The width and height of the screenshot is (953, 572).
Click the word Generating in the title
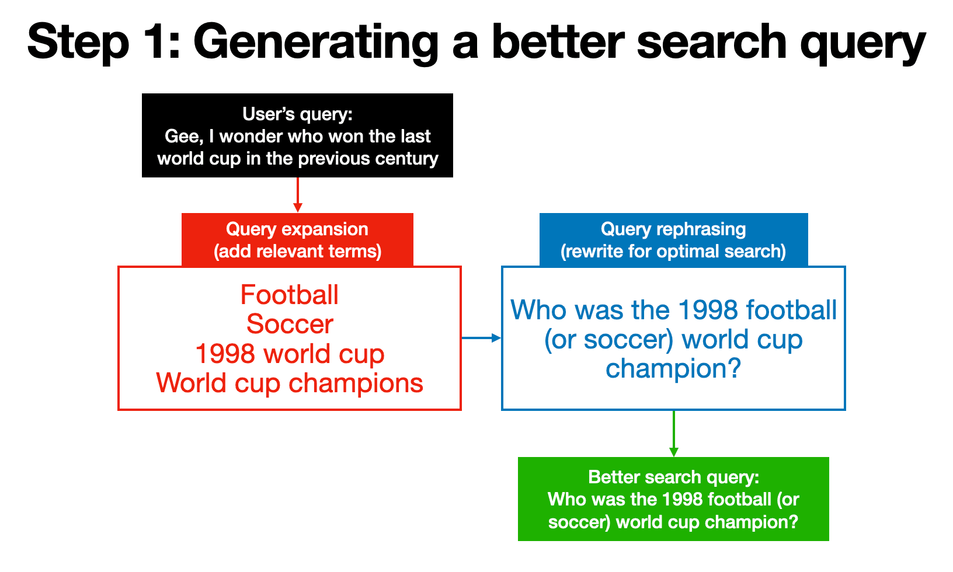pyautogui.click(x=315, y=42)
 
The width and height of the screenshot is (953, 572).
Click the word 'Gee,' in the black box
pyautogui.click(x=183, y=136)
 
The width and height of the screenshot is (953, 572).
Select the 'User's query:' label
pyautogui.click(x=297, y=114)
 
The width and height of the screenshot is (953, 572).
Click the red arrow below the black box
pyautogui.click(x=298, y=196)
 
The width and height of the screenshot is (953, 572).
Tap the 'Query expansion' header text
pyautogui.click(x=297, y=229)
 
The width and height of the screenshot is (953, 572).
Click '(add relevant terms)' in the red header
pyautogui.click(x=297, y=251)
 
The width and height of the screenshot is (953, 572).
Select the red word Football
pyautogui.click(x=290, y=295)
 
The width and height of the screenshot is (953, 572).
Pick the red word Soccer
pyautogui.click(x=290, y=324)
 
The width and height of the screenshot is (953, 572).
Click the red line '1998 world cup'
pyautogui.click(x=290, y=354)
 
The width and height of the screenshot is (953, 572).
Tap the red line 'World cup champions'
pyautogui.click(x=290, y=383)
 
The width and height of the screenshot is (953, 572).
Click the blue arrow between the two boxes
pyautogui.click(x=481, y=337)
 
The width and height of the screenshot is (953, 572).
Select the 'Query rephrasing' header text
pyautogui.click(x=673, y=229)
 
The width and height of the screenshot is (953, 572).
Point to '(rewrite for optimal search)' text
pyautogui.click(x=673, y=251)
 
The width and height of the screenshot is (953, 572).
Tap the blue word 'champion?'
pyautogui.click(x=673, y=368)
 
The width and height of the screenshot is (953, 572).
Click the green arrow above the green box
pyautogui.click(x=673, y=434)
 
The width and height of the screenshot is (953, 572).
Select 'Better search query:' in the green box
pyautogui.click(x=673, y=477)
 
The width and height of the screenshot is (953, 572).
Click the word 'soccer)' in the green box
pyautogui.click(x=579, y=521)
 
